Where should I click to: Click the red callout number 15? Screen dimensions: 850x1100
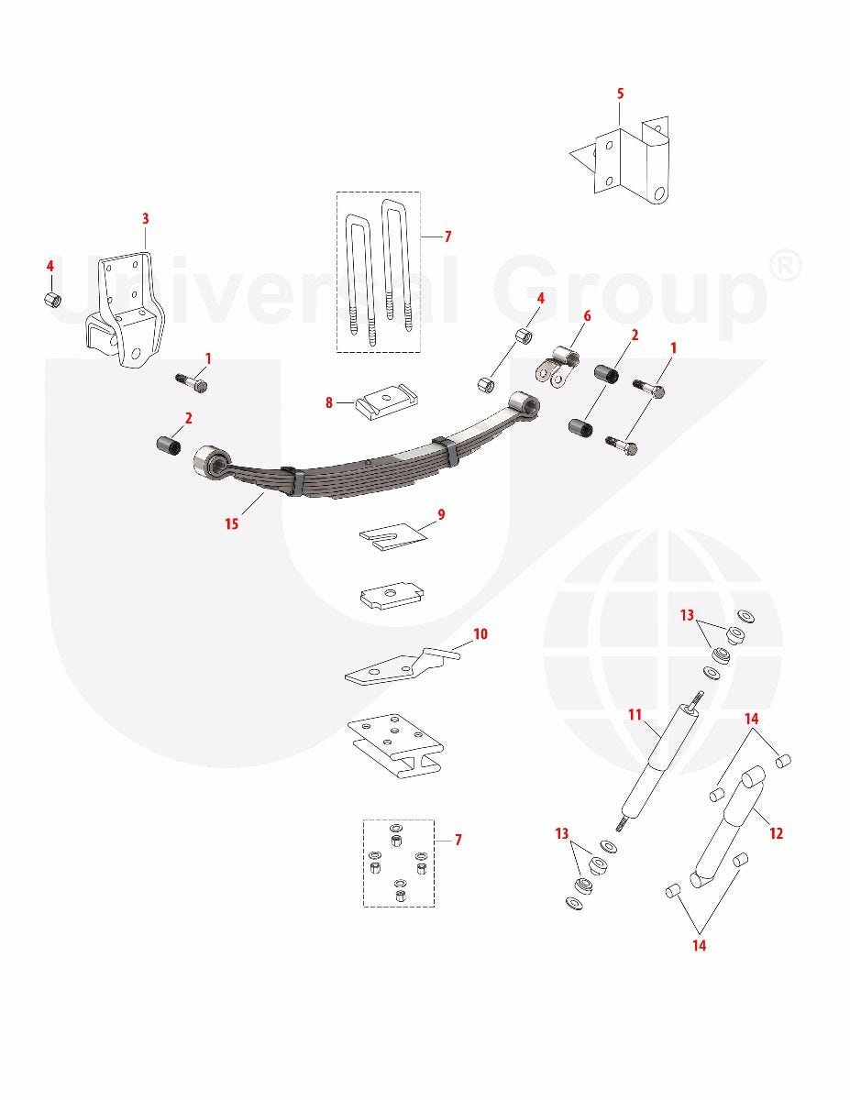pos(231,523)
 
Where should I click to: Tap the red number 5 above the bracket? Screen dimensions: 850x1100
pos(620,93)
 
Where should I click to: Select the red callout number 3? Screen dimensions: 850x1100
pos(145,219)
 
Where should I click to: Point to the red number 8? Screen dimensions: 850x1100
pos(329,403)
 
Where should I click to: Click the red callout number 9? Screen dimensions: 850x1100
pos(441,515)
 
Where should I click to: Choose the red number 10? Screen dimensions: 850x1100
pos(480,633)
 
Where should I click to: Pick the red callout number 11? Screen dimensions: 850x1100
pos(635,715)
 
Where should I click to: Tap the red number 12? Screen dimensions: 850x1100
pos(776,833)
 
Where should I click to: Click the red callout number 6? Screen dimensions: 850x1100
pos(587,316)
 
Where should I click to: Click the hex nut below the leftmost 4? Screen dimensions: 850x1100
pos(50,300)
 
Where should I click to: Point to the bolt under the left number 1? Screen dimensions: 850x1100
pos(192,382)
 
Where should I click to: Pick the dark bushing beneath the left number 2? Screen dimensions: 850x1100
pos(168,445)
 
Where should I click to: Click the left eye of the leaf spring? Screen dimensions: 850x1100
pos(211,461)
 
